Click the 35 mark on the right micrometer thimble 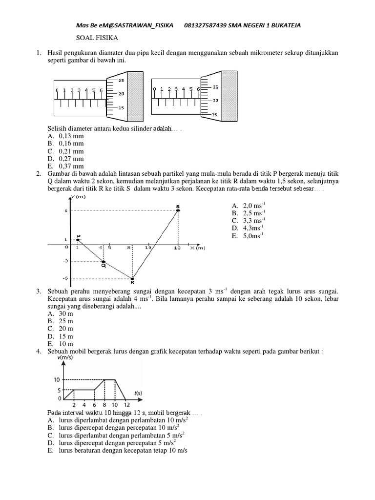click(x=215, y=87)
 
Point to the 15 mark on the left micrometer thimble click(x=122, y=107)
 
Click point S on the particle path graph click(x=178, y=210)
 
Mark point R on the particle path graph click(x=132, y=278)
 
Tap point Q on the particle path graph click(x=104, y=262)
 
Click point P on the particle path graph click(x=78, y=239)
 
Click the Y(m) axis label click(x=78, y=197)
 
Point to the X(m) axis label click(x=198, y=248)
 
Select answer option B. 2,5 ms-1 click(x=249, y=213)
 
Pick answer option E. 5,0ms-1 click(x=249, y=235)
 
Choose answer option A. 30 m click(x=61, y=313)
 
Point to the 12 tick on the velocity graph click(x=126, y=405)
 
